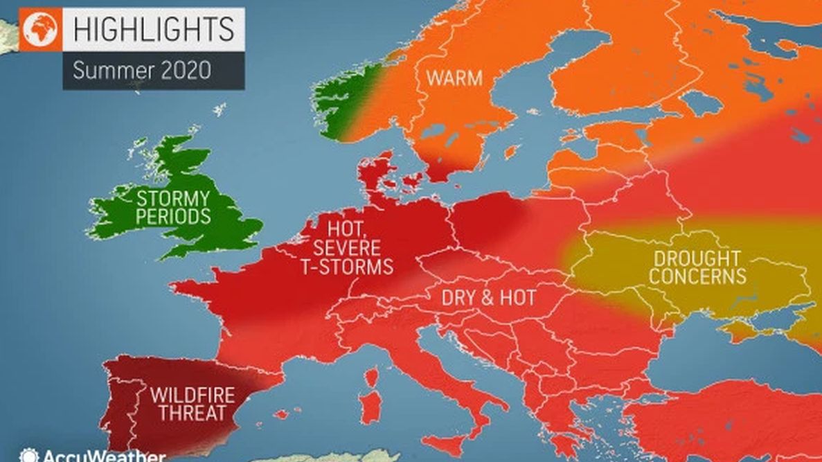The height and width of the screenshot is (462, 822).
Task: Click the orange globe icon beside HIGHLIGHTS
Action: tap(41, 29)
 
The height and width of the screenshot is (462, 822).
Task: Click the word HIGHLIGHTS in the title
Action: tap(154, 29)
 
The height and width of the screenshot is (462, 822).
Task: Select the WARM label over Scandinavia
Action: tap(454, 78)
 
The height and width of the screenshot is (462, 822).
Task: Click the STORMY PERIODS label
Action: tap(172, 207)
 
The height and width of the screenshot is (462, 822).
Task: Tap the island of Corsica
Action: tap(372, 377)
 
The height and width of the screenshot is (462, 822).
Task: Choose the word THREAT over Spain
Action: tap(193, 414)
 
